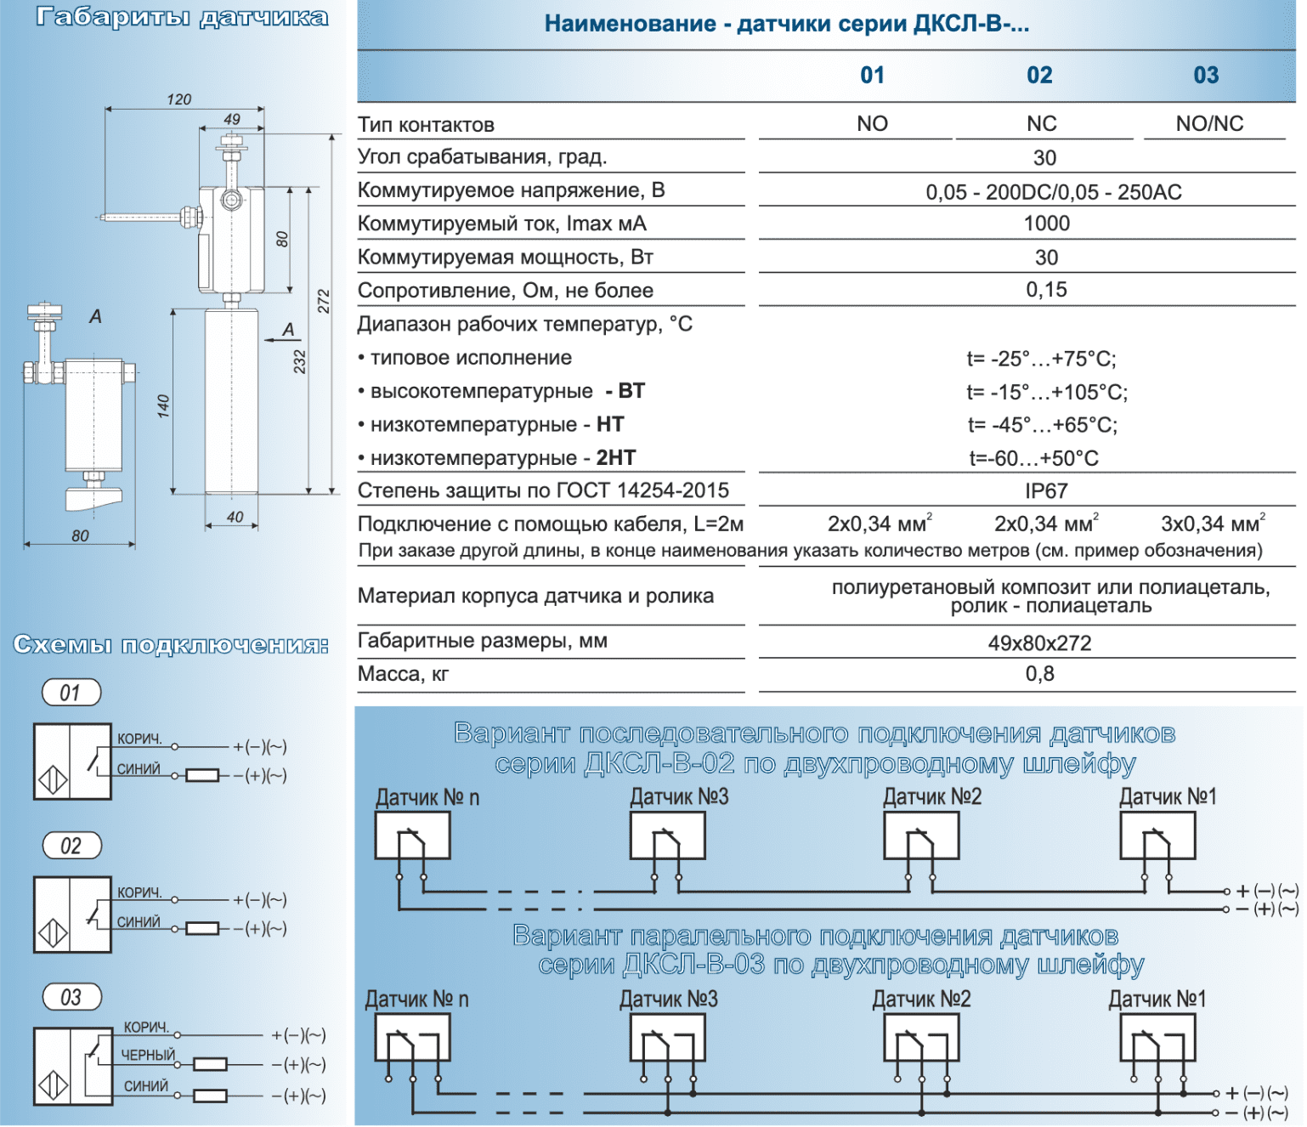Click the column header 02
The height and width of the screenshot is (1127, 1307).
coord(1039,76)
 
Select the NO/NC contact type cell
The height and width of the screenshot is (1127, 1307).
coord(1209,124)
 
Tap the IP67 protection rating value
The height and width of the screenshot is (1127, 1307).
coord(1046,491)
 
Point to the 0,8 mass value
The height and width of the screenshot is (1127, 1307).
coord(1039,674)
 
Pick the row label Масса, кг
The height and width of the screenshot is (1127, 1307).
coord(403,674)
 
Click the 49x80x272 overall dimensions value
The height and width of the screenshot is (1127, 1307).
coord(1039,643)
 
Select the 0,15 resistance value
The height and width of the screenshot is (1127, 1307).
coord(1046,290)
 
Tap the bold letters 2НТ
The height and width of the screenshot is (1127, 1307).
coord(616,458)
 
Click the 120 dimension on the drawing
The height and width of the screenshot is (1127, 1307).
coord(179,99)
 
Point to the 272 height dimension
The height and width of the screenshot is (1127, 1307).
coord(324,301)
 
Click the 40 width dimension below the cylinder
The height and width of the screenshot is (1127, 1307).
coord(235,517)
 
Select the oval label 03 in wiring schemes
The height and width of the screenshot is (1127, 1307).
coord(71,997)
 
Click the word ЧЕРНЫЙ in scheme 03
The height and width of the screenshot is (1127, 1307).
coord(148,1055)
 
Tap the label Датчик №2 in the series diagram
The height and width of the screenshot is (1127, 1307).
coord(932,797)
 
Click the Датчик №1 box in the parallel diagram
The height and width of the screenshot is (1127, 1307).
coord(1157,1039)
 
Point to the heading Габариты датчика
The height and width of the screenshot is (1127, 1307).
coord(182,18)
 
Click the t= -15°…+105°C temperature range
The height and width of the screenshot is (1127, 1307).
coord(1046,392)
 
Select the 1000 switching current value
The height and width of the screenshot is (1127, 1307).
coord(1046,224)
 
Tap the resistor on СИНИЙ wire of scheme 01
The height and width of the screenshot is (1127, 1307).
coord(202,775)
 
